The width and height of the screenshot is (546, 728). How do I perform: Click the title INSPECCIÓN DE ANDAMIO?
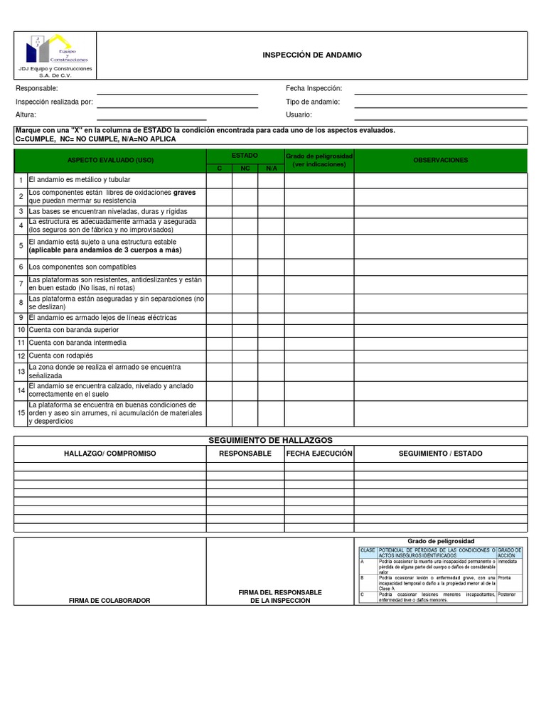click(x=312, y=55)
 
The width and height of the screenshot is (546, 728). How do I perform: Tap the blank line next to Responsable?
click(x=177, y=89)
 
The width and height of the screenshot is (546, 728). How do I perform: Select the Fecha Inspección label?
click(x=314, y=88)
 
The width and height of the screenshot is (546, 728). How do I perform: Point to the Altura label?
click(x=26, y=114)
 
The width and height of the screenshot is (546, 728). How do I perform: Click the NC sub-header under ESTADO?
click(x=245, y=168)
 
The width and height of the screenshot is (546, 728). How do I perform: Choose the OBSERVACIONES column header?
click(x=440, y=160)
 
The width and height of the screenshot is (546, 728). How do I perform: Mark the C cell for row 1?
click(x=220, y=180)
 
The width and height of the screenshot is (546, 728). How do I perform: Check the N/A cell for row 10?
click(x=271, y=331)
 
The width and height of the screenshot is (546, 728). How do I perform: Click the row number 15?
click(x=21, y=413)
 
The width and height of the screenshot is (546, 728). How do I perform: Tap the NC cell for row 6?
click(x=245, y=267)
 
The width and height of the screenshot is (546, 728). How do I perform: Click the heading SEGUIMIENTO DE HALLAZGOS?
click(x=270, y=440)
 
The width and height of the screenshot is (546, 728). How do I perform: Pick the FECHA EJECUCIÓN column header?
click(x=319, y=454)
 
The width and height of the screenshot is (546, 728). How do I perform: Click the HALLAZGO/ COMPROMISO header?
click(x=110, y=454)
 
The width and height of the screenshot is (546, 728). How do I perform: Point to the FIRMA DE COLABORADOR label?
click(x=109, y=601)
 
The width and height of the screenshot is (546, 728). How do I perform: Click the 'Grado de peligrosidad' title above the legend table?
click(x=440, y=542)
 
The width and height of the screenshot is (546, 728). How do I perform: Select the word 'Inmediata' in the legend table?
click(x=508, y=561)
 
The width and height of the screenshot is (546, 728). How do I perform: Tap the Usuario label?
click(x=299, y=114)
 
